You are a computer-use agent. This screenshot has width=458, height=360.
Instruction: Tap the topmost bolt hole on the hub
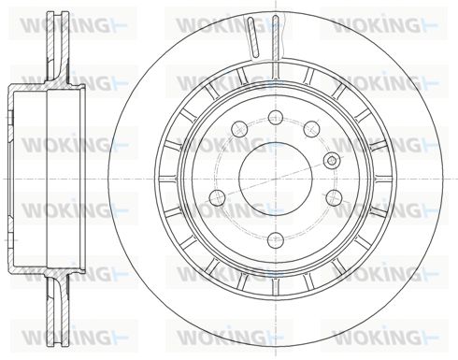276,118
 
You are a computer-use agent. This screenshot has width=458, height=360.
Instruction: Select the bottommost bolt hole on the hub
276,239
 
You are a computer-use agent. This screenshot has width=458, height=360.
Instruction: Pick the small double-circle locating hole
332,161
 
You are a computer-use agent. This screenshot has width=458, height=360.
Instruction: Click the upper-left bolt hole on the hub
240,128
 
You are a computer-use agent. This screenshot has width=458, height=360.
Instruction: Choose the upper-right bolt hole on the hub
311,129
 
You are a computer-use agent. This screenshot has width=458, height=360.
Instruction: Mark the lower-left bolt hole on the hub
218,196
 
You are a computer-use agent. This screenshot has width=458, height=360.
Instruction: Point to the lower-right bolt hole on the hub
334,196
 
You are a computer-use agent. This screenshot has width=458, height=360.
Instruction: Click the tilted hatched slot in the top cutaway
253,37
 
